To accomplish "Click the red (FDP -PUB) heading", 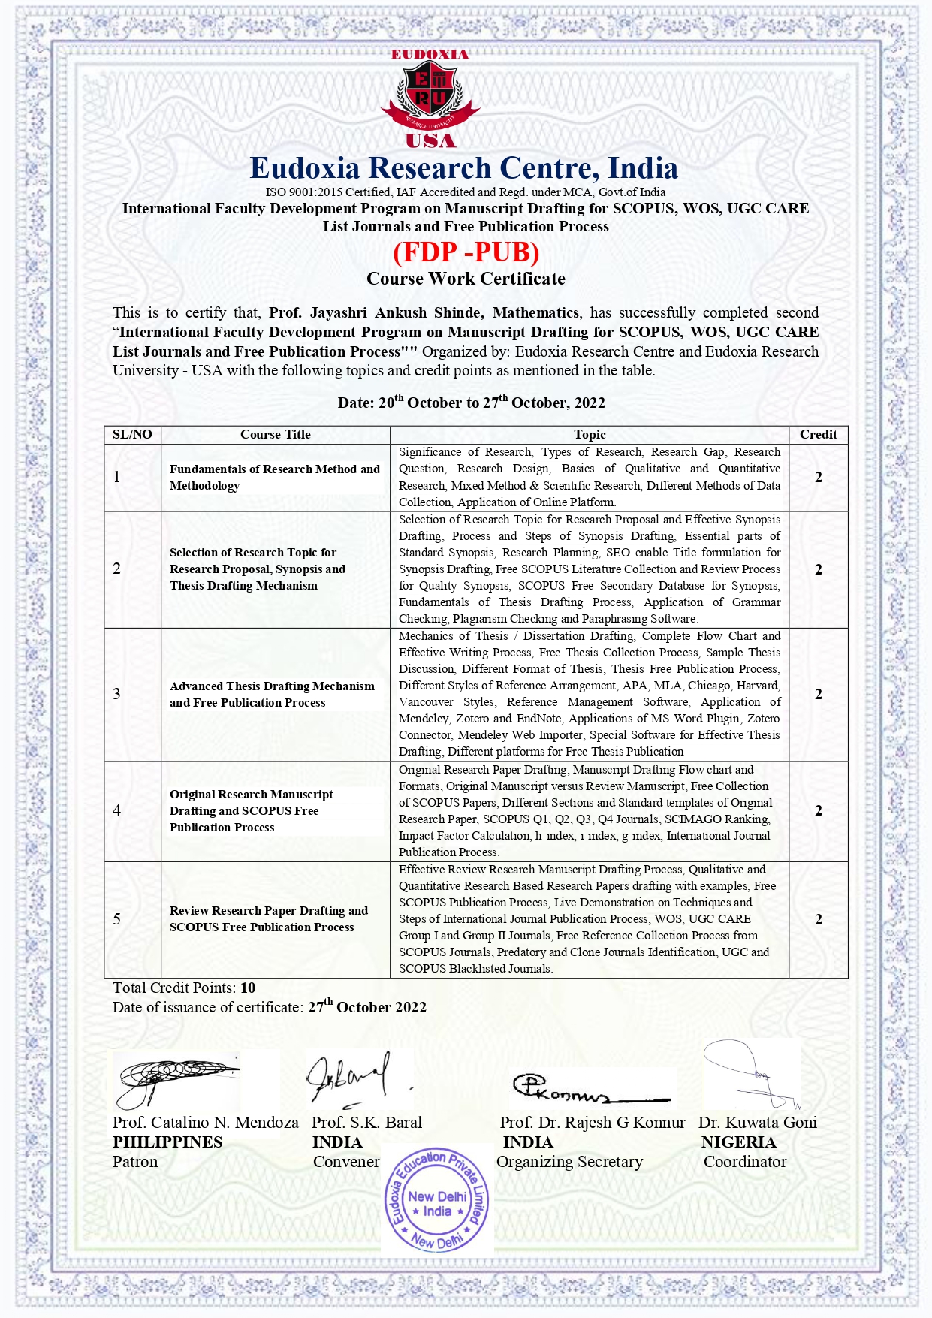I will (x=466, y=252).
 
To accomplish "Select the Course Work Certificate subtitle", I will (x=466, y=279).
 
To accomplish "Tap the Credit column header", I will (x=818, y=434).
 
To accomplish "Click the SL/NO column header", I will (x=132, y=434).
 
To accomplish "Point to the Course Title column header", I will (x=275, y=434).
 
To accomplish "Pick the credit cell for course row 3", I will (x=818, y=694).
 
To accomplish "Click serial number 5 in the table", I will (x=117, y=919).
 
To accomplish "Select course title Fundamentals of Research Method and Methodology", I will (x=275, y=477).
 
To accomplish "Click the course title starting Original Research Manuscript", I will (x=252, y=810).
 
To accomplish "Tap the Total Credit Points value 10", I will (x=248, y=988).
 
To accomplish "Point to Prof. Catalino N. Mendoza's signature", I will (x=176, y=1080).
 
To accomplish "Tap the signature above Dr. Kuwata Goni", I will (x=751, y=1074).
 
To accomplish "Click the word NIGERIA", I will (x=739, y=1142).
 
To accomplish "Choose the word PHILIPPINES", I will (x=167, y=1142).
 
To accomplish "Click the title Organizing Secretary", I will (x=569, y=1162).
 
